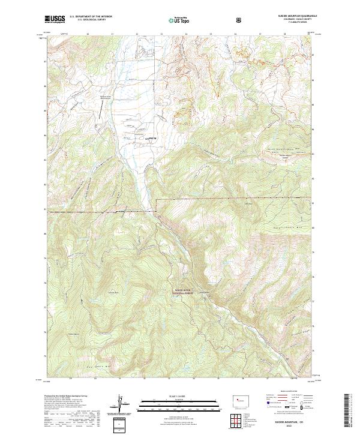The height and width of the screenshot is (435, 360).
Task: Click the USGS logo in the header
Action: click(x=55, y=19)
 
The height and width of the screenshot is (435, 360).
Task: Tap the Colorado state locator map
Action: click(x=239, y=398)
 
